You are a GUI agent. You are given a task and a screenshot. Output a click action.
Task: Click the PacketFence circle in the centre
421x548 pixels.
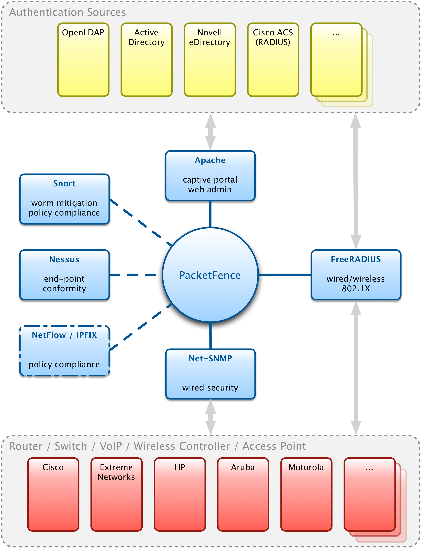210,275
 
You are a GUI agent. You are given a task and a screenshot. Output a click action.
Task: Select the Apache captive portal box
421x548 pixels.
210,176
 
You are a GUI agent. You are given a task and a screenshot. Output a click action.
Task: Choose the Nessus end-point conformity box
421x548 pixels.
65,275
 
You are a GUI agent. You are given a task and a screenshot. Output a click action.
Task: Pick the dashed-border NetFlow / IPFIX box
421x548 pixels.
65,350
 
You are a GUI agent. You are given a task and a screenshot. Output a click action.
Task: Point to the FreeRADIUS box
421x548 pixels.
356,275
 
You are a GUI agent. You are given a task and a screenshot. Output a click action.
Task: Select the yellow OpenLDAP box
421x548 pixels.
83,60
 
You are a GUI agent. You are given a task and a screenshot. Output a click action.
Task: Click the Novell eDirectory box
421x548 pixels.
210,60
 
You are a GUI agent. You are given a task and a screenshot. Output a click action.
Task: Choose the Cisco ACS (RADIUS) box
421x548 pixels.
273,60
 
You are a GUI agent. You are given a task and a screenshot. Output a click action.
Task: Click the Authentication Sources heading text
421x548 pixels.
68,12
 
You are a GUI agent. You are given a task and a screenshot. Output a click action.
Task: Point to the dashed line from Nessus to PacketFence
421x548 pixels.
133,275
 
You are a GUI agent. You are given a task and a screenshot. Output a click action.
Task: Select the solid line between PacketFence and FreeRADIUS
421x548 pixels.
285,275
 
